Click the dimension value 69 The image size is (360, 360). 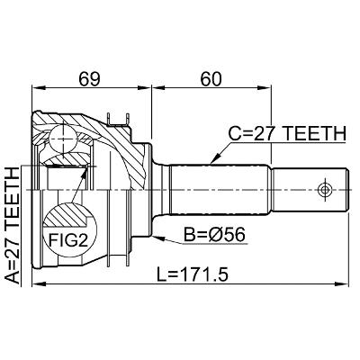[x=89, y=79]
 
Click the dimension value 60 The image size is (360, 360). [x=211, y=79]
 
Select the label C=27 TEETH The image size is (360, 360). [x=287, y=133]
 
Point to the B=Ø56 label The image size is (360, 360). [x=214, y=235]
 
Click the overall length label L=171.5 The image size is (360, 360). [x=193, y=274]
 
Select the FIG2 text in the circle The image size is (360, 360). [x=68, y=240]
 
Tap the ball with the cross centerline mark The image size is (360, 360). [x=63, y=139]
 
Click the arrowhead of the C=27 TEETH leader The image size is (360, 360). [x=214, y=159]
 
